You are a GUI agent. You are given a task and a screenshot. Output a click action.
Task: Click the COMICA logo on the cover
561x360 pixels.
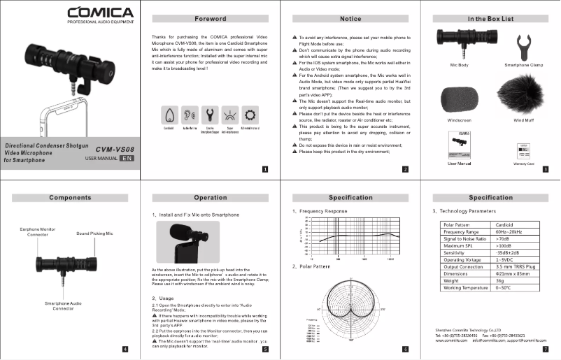pyautogui.click(x=99, y=13)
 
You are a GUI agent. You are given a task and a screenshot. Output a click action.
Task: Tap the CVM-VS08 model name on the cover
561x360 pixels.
pyautogui.click(x=115, y=149)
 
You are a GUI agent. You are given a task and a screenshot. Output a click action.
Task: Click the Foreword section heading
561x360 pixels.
pyautogui.click(x=210, y=18)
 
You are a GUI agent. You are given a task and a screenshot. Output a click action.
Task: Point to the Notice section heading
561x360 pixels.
pyautogui.click(x=350, y=18)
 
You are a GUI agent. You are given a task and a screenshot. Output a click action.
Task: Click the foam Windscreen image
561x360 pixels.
pyautogui.click(x=457, y=101)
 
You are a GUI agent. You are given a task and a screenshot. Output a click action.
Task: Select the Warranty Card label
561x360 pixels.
pyautogui.click(x=523, y=164)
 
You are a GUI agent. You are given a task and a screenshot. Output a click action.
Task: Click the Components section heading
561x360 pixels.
pyautogui.click(x=70, y=198)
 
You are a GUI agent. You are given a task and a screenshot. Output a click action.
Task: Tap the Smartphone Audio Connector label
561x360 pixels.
pyautogui.click(x=64, y=305)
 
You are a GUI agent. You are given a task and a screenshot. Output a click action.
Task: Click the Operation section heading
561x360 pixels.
pyautogui.click(x=210, y=198)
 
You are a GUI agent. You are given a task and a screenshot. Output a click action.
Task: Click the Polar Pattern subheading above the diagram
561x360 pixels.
pyautogui.click(x=311, y=266)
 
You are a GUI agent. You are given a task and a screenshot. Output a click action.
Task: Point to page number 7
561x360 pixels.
pyautogui.click(x=545, y=348)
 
